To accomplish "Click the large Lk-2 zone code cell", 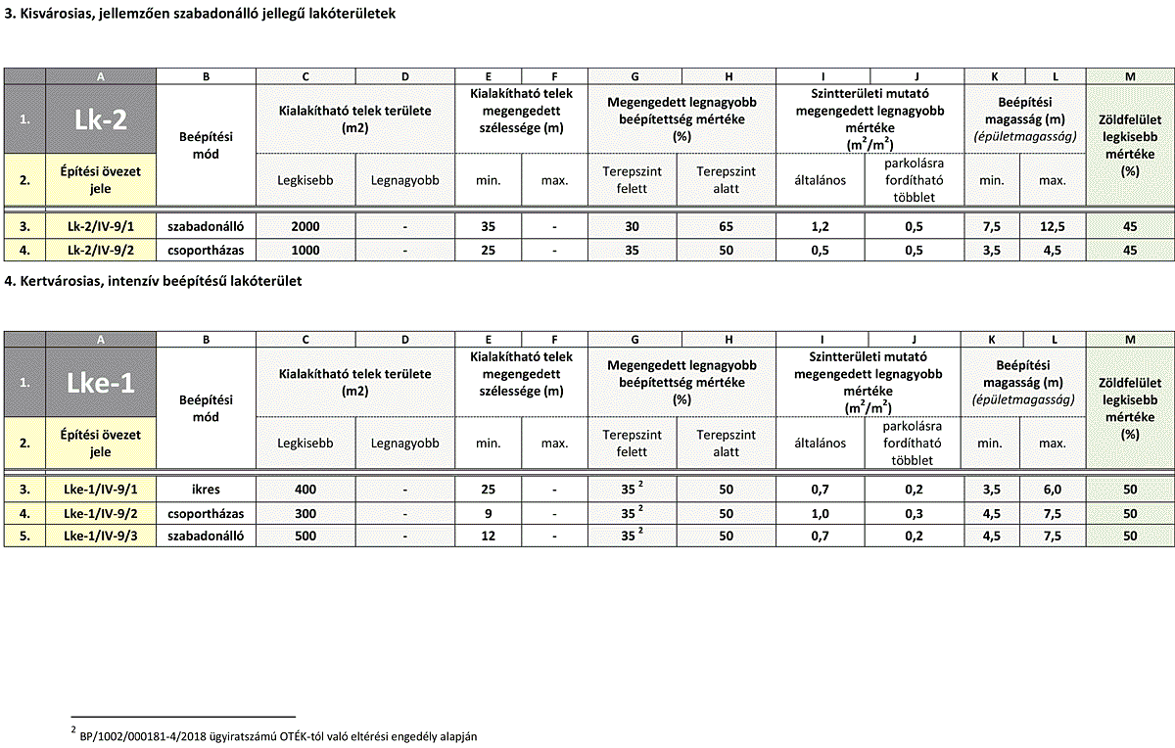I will point(100,118).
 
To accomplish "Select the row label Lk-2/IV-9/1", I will point(100,227).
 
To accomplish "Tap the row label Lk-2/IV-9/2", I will point(100,250).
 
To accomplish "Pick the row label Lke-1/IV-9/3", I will point(100,537).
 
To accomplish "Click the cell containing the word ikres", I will point(206,490).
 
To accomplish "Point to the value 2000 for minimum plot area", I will point(305,227).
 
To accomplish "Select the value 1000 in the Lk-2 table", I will point(305,250).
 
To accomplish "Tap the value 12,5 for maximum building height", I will point(1053,227).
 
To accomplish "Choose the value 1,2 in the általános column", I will point(821,227).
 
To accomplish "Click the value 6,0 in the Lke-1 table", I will point(1053,490).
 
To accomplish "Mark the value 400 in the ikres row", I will point(305,490).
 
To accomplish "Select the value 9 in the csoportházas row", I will point(488,513).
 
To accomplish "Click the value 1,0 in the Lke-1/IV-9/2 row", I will point(821,513).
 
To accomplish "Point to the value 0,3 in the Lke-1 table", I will point(915,513).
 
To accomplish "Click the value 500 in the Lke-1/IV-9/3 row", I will point(305,537).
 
